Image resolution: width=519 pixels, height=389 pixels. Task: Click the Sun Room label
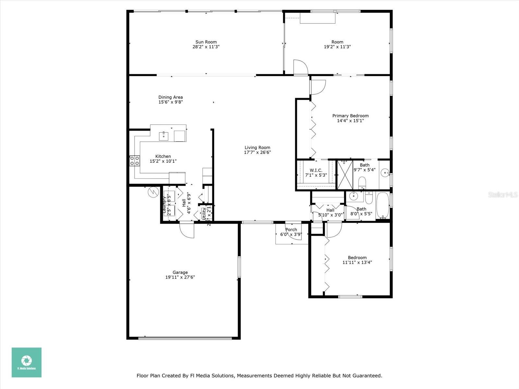(x=206, y=42)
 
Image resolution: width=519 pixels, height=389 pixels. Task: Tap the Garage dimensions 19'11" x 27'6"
(x=180, y=277)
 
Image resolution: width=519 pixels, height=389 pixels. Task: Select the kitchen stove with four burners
(x=135, y=161)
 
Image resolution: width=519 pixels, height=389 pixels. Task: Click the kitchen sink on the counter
(x=163, y=136)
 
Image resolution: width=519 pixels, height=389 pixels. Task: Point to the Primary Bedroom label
(x=350, y=116)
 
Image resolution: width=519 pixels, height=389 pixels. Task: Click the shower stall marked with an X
(x=345, y=175)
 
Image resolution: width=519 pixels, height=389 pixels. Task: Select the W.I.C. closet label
(x=316, y=170)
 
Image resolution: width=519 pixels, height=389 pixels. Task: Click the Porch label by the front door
(x=291, y=230)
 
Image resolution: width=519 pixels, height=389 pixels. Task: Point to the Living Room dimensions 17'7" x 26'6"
(x=257, y=152)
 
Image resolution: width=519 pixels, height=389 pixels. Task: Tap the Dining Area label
(x=170, y=97)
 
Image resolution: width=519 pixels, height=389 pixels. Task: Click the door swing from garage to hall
(x=187, y=231)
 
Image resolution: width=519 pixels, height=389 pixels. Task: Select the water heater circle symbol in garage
(x=152, y=193)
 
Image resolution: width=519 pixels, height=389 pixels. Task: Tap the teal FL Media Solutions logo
(x=27, y=362)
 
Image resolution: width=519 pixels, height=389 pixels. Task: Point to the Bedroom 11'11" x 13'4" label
(x=357, y=258)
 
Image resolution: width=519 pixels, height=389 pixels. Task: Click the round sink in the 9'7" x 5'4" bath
(x=385, y=173)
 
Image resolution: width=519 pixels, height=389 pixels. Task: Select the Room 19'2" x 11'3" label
(x=337, y=42)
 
